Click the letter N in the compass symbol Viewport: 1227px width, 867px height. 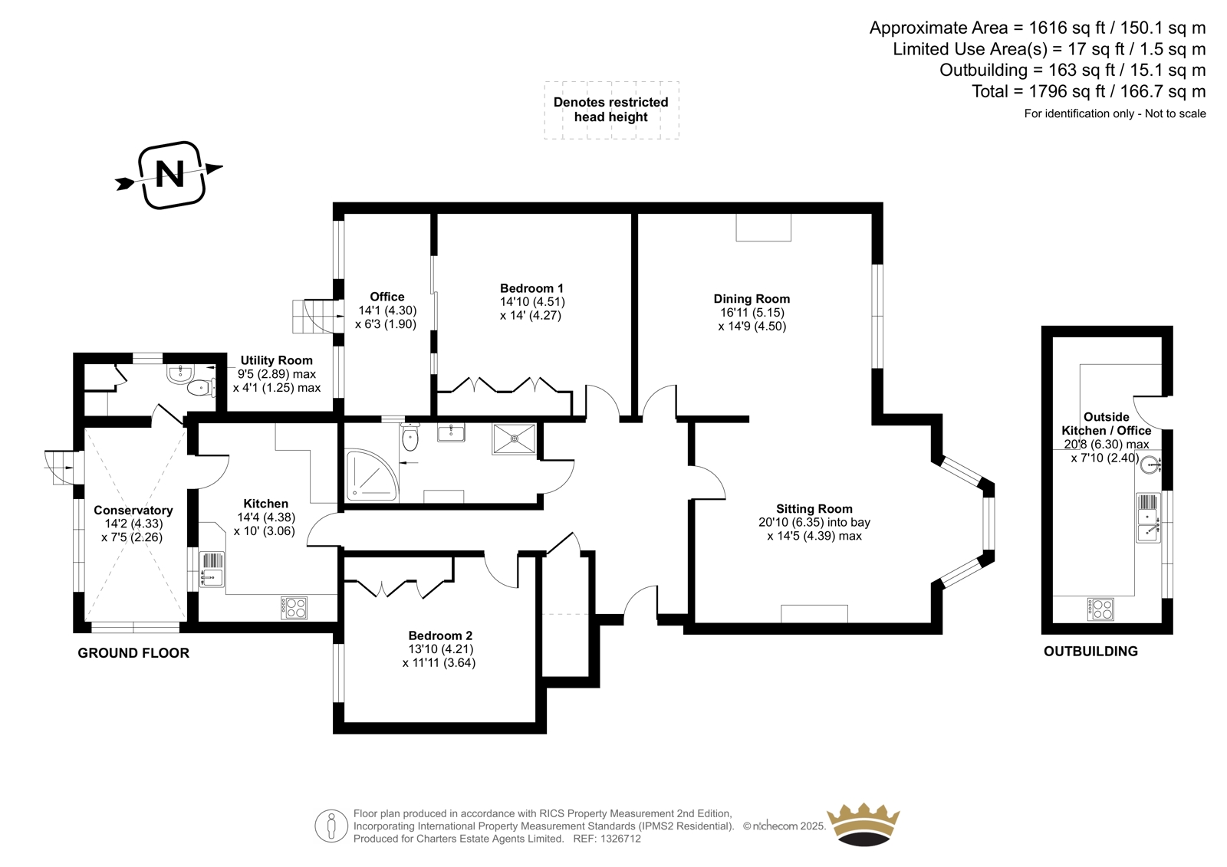pyautogui.click(x=169, y=174)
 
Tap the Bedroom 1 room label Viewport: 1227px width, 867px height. pyautogui.click(x=531, y=289)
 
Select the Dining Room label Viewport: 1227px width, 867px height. pyautogui.click(x=752, y=299)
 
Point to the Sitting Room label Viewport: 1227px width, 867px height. pyautogui.click(x=814, y=509)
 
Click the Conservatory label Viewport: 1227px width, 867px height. pyautogui.click(x=133, y=511)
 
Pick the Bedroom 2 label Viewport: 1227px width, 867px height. pyautogui.click(x=440, y=635)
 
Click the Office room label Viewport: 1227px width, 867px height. pyautogui.click(x=387, y=297)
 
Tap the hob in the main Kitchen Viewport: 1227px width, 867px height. pyautogui.click(x=294, y=608)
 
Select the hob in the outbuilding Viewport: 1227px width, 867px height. pyautogui.click(x=1100, y=609)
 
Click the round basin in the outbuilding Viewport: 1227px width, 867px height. pyautogui.click(x=1150, y=466)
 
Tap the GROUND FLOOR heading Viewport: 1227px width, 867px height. pyautogui.click(x=133, y=653)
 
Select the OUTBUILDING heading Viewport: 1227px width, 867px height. pyautogui.click(x=1090, y=652)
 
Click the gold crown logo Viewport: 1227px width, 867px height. pyautogui.click(x=864, y=825)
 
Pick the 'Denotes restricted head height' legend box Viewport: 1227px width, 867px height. pyautogui.click(x=611, y=110)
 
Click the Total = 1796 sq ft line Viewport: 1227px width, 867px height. pyautogui.click(x=1088, y=91)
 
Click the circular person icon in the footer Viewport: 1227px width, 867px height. pyautogui.click(x=331, y=826)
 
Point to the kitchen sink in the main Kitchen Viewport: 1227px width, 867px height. pyautogui.click(x=212, y=570)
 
